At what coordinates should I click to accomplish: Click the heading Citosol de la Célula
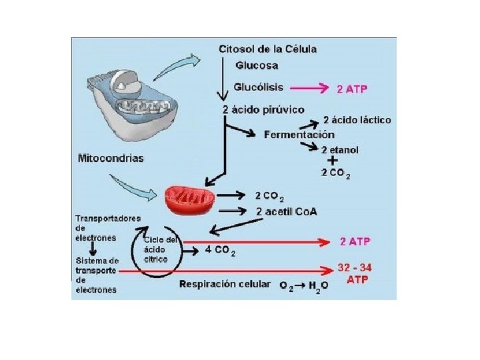[x=267, y=49]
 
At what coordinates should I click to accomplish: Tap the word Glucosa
[x=257, y=65]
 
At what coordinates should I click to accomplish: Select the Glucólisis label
[x=259, y=87]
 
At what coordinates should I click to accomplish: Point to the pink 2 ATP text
[x=352, y=88]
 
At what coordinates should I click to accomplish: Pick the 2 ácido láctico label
[x=357, y=120]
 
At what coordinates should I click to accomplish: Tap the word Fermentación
[x=299, y=135]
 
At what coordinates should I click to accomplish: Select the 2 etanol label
[x=339, y=150]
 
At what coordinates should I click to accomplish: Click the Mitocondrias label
[x=111, y=159]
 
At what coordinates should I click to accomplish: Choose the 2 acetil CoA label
[x=287, y=212]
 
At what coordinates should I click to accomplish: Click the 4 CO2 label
[x=220, y=251]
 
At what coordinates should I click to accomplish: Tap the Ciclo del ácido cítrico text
[x=160, y=249]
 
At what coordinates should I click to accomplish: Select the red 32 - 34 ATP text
[x=355, y=273]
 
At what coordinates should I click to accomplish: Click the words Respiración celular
[x=225, y=284]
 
